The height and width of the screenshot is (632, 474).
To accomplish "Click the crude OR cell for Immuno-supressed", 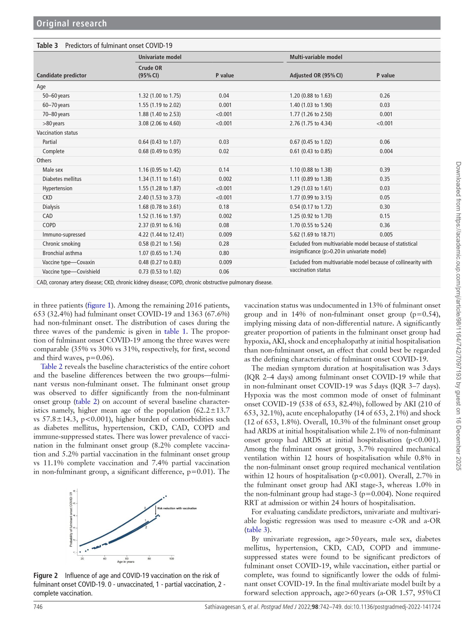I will tap(161, 235).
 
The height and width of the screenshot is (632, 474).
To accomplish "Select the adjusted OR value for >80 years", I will tap(311, 123).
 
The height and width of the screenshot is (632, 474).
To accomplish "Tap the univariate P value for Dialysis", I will tap(224, 207).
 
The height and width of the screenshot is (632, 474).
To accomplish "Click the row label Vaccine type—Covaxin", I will tap(68, 262).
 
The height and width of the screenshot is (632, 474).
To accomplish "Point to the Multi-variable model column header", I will tap(316, 57).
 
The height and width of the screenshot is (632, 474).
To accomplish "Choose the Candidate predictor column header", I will tap(61, 76).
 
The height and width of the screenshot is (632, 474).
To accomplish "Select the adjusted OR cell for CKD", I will tap(311, 197).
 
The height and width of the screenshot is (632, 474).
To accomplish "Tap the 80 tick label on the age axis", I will tap(149, 558).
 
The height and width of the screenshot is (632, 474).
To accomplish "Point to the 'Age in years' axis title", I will tap(126, 562).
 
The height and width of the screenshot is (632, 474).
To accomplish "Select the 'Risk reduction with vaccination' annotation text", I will tap(177, 508).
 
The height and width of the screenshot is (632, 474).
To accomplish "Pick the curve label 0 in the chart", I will tap(145, 508).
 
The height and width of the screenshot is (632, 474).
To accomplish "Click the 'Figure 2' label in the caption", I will tap(45, 575).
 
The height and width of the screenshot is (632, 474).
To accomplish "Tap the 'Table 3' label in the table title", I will tap(47, 46).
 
